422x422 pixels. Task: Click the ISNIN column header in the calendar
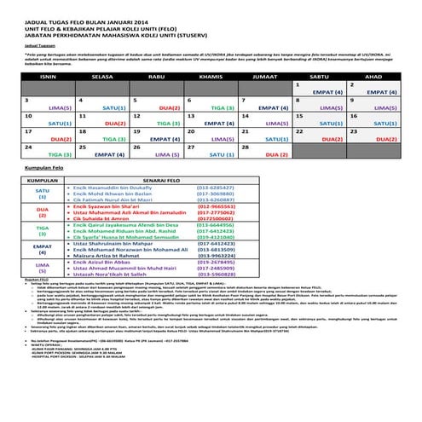coord(43,75)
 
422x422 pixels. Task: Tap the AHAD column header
coord(372,75)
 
